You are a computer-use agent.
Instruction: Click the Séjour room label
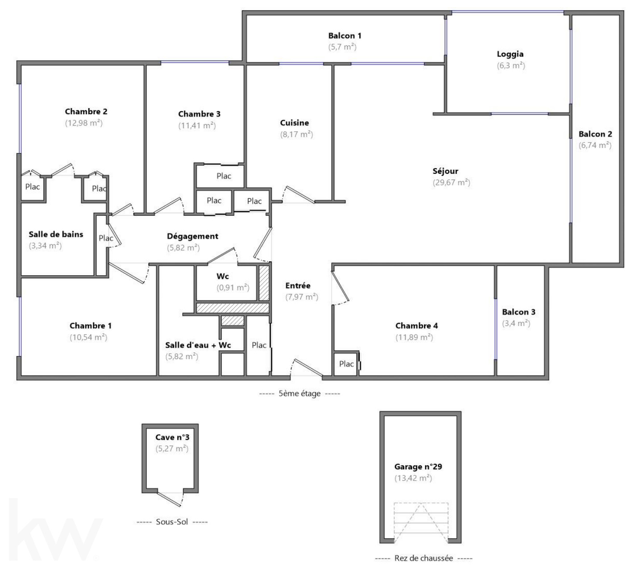click(445, 171)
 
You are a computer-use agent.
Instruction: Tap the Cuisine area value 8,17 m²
click(296, 134)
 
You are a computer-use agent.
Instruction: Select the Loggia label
click(510, 54)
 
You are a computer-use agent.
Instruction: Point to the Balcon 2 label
click(595, 134)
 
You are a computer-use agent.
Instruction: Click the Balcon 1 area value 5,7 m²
click(342, 47)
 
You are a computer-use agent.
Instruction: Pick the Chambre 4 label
click(416, 326)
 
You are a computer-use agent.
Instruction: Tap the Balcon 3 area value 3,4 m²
click(516, 323)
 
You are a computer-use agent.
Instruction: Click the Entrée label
click(298, 286)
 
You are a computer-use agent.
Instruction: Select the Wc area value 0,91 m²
click(233, 288)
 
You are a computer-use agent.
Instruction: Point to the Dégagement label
click(192, 236)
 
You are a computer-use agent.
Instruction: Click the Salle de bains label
click(56, 235)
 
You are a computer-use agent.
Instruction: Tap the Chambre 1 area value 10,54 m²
click(88, 337)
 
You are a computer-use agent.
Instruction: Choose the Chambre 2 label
click(86, 112)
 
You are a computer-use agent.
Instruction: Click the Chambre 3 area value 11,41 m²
click(197, 126)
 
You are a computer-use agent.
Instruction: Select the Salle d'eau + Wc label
click(198, 345)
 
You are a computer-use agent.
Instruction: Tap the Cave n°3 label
click(172, 437)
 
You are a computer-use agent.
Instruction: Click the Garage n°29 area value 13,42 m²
click(413, 478)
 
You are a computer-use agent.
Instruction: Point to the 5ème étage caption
click(300, 394)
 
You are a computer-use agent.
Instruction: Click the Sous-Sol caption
click(172, 522)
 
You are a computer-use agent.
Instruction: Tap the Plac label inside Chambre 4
click(346, 364)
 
